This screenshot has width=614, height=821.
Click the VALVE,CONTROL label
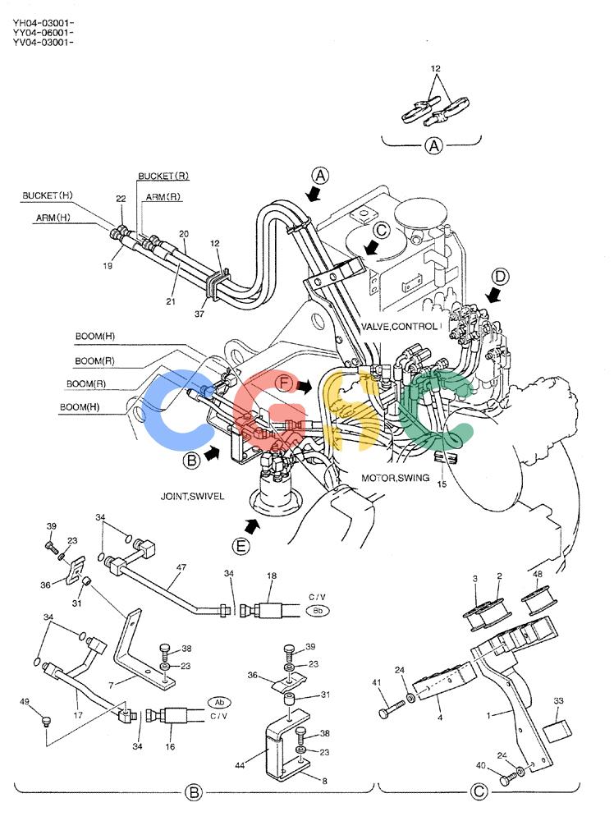(x=399, y=326)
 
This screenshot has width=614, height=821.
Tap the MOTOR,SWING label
(x=395, y=478)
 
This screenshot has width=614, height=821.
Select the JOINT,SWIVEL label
(x=192, y=496)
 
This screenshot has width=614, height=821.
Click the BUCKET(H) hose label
(x=47, y=195)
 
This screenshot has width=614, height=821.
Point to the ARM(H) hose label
(x=53, y=218)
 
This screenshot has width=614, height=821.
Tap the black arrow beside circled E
(x=252, y=525)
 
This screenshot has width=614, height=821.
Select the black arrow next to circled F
(x=304, y=387)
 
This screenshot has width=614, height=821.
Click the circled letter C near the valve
(x=383, y=230)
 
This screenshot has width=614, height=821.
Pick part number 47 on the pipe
(x=181, y=566)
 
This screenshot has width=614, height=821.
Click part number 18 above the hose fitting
(x=271, y=576)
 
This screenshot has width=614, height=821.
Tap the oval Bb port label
(x=318, y=611)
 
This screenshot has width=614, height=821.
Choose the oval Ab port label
(x=219, y=702)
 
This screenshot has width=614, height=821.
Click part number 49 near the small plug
(x=25, y=701)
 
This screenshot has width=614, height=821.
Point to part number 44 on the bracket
(x=239, y=765)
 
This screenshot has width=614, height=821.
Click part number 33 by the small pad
(x=558, y=700)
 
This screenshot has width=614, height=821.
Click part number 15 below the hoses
(x=442, y=484)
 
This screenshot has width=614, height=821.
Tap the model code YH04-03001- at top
(x=43, y=23)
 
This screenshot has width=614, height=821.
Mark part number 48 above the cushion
(x=538, y=574)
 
